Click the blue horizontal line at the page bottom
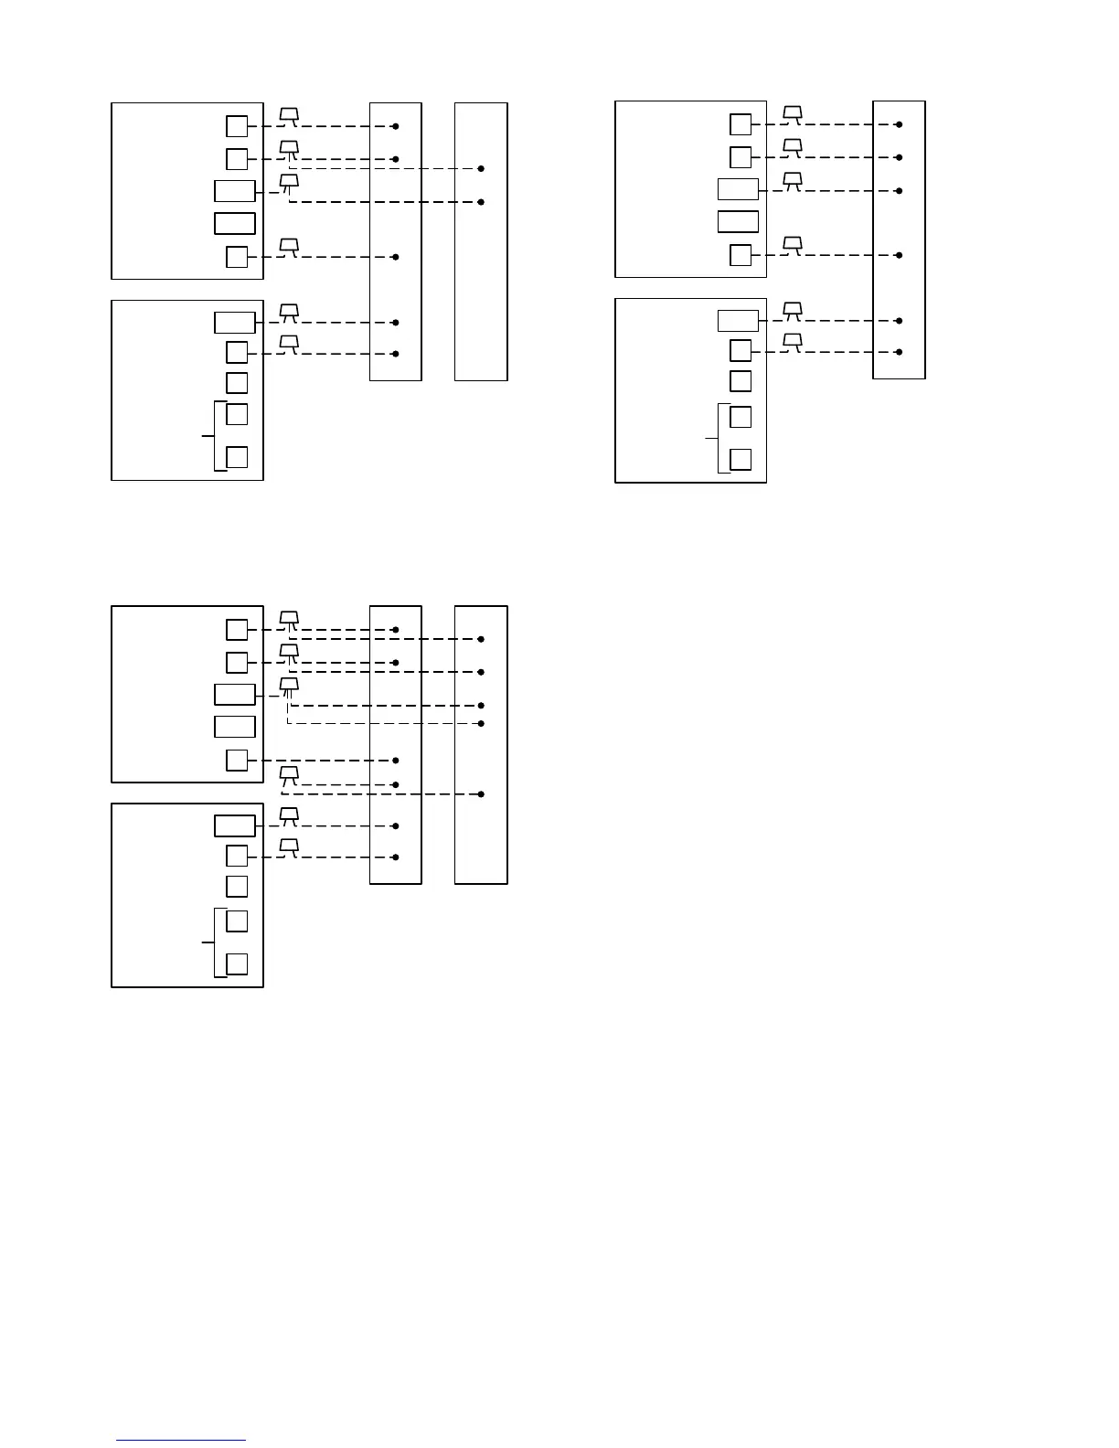[180, 1441]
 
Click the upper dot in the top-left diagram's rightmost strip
[481, 169]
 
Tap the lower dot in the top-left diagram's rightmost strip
[481, 201]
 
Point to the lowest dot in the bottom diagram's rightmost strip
[481, 793]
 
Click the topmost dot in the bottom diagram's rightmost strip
[481, 639]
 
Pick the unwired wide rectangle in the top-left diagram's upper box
[235, 223]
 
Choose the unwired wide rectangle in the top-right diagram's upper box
[738, 221]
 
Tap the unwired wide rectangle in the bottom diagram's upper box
[235, 727]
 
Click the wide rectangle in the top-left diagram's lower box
[235, 323]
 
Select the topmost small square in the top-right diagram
[741, 124]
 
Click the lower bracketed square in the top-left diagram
[237, 457]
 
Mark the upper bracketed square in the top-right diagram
[741, 417]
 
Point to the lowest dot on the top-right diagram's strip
[900, 352]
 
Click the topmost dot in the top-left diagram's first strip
[396, 126]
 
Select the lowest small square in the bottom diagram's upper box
[237, 760]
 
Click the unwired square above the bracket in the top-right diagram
[741, 380]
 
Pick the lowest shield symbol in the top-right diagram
[793, 342]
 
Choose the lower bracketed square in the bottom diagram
[237, 964]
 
